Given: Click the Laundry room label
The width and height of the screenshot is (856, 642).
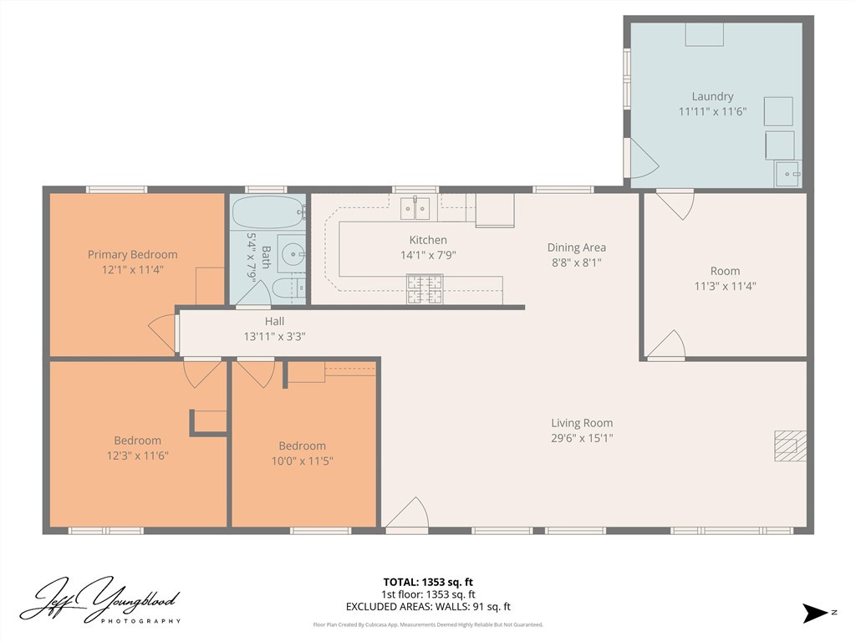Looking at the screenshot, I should pyautogui.click(x=712, y=96).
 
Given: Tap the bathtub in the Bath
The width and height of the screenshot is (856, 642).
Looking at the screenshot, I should pyautogui.click(x=267, y=212).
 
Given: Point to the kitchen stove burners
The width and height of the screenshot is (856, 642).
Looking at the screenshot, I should pyautogui.click(x=425, y=288).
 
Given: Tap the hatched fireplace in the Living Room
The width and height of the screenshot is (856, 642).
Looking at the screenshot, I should pyautogui.click(x=790, y=446).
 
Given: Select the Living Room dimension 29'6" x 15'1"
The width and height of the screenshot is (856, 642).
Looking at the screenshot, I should pyautogui.click(x=581, y=438).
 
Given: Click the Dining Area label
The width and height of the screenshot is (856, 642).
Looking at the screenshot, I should pyautogui.click(x=576, y=247).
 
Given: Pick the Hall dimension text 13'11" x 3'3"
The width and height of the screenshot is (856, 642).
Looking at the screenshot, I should pyautogui.click(x=274, y=336).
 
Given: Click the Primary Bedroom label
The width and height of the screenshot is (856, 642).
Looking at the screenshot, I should pyautogui.click(x=132, y=255).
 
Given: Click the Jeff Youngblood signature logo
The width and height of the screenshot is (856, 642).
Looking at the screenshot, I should pyautogui.click(x=99, y=599).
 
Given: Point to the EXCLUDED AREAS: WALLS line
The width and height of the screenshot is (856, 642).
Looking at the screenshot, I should pyautogui.click(x=428, y=607).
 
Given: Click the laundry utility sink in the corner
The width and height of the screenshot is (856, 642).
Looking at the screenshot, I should pyautogui.click(x=787, y=174).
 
